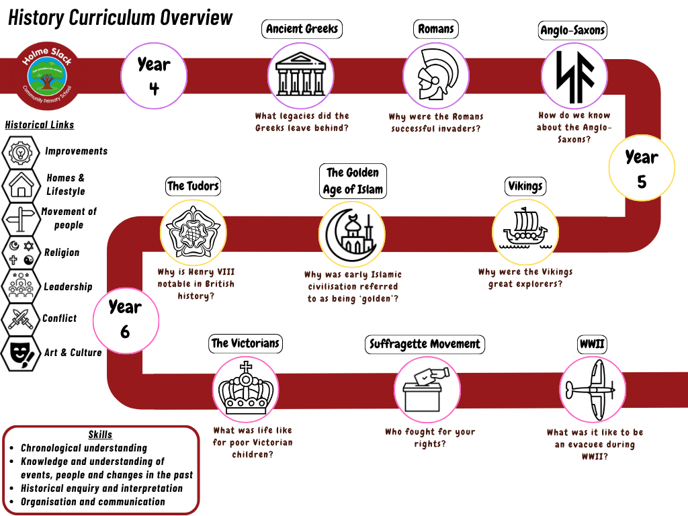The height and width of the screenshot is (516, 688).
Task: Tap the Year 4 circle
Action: [154, 75]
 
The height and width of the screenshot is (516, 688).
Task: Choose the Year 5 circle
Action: [641, 168]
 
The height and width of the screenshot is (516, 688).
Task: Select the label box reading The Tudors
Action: [193, 186]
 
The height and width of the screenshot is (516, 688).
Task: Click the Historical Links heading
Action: [40, 124]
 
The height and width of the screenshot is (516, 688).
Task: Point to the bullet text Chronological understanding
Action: [83, 448]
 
